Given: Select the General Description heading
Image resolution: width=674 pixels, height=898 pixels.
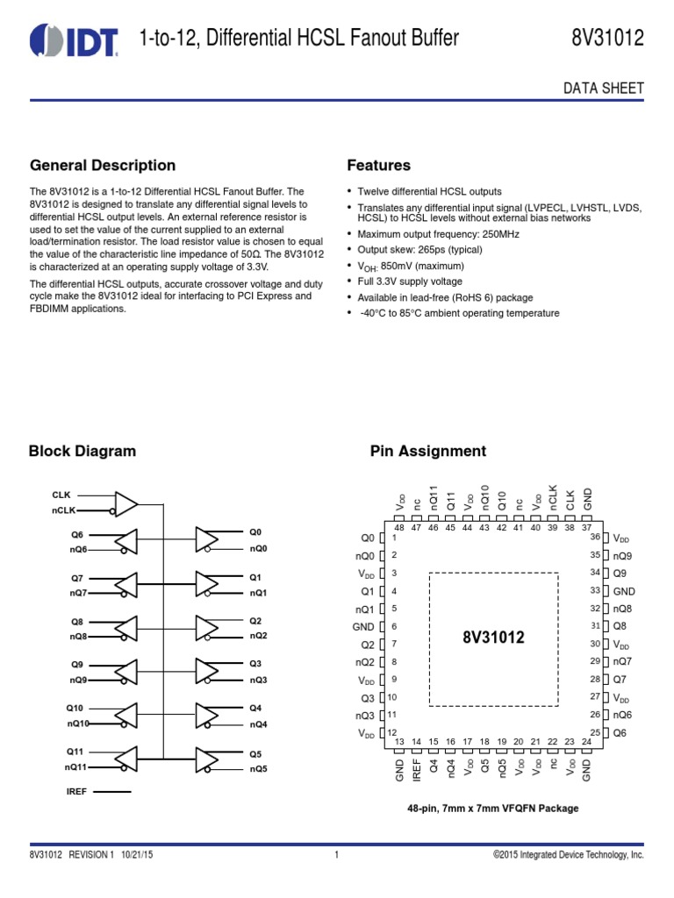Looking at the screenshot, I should [103, 166].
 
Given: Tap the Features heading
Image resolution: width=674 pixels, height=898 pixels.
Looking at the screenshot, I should [379, 166].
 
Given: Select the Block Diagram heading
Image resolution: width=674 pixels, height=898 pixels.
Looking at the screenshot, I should [82, 452].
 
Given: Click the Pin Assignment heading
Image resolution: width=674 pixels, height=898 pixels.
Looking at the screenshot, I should [427, 452].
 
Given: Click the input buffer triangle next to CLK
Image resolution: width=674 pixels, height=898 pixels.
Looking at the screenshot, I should [126, 503].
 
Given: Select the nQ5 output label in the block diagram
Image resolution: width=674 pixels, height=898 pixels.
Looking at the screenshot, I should [258, 769].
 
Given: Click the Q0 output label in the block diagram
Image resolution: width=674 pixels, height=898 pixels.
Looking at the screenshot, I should [255, 532].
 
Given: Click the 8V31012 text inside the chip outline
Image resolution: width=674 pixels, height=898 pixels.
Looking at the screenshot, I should [493, 638].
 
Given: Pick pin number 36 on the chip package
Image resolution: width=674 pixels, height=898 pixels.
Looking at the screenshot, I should [594, 537].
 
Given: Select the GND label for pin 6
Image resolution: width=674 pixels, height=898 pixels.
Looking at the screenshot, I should [362, 627].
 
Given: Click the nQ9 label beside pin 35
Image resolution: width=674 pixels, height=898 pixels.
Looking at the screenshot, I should [622, 556].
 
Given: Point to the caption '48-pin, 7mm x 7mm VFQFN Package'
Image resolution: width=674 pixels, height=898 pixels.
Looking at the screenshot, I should [492, 809].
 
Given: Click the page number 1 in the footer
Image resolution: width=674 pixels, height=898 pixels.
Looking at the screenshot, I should [337, 854].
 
